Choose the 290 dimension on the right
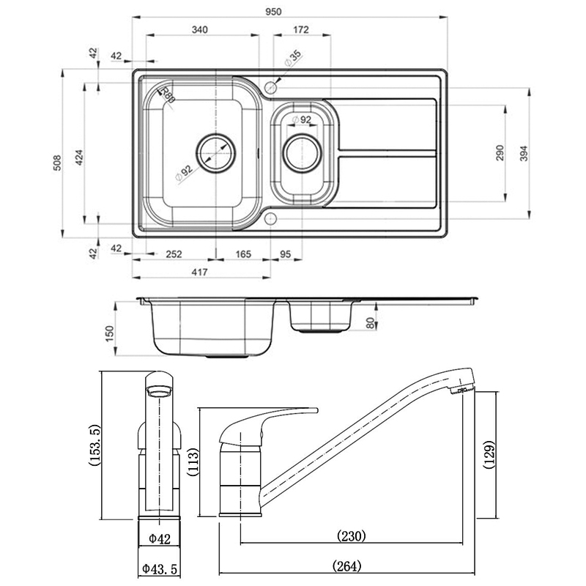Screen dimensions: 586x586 coord(500,152)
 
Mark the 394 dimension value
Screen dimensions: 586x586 coord(524,152)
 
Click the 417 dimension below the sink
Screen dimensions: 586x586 coord(200,272)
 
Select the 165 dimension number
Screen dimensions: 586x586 coord(244,254)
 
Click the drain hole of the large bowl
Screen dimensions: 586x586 coord(216,151)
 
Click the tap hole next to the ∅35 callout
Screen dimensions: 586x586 coord(271,87)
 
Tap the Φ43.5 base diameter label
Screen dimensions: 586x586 coord(160,568)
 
